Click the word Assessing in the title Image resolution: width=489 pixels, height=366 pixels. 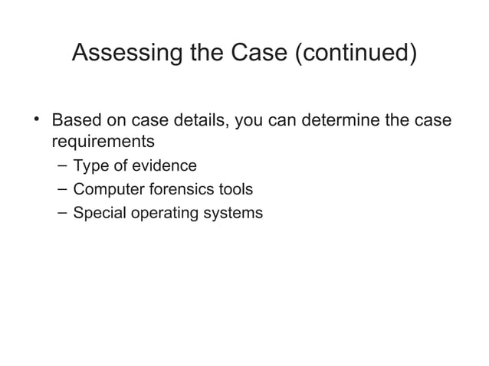pyautogui.click(x=123, y=54)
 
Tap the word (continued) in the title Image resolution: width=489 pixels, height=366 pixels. pyautogui.click(x=355, y=54)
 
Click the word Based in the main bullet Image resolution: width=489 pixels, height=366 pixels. pyautogui.click(x=73, y=122)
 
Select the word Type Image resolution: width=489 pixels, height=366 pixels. pyautogui.click(x=89, y=165)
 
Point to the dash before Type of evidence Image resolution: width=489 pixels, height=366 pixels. pyautogui.click(x=61, y=165)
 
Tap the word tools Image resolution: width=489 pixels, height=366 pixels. pyautogui.click(x=236, y=188)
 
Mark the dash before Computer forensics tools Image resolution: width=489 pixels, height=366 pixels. pyautogui.click(x=61, y=188)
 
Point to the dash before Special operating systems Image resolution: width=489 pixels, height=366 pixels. pyautogui.click(x=61, y=211)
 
